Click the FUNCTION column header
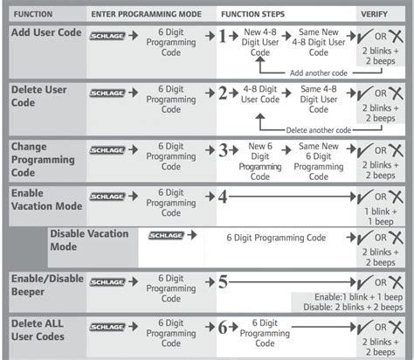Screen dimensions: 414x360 tap(33, 14)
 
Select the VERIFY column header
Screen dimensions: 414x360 tap(374, 14)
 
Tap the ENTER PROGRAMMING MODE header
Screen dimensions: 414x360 tap(146, 14)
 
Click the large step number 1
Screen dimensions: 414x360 tap(223, 36)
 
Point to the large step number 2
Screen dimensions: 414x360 tap(223, 93)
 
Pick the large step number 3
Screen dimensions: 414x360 tap(223, 150)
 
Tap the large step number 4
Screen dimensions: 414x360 tap(223, 197)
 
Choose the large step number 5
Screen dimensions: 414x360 tap(223, 282)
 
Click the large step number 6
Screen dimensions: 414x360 tap(223, 327)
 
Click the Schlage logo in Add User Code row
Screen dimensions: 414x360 tap(107, 36)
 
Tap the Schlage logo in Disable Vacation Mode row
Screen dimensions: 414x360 tap(166, 235)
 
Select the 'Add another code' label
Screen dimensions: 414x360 tap(319, 73)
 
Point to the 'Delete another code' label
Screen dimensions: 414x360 tap(319, 130)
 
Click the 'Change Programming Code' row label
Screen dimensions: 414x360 tap(43, 160)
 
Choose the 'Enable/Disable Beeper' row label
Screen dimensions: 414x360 tap(47, 285)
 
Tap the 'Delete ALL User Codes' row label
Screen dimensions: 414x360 tap(38, 330)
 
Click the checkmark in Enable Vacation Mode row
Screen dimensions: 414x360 tap(365, 197)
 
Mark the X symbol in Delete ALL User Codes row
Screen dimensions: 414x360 tap(396, 327)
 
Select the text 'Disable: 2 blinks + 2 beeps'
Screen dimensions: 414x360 tap(353, 307)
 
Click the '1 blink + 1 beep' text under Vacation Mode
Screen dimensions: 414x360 tap(381, 217)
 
